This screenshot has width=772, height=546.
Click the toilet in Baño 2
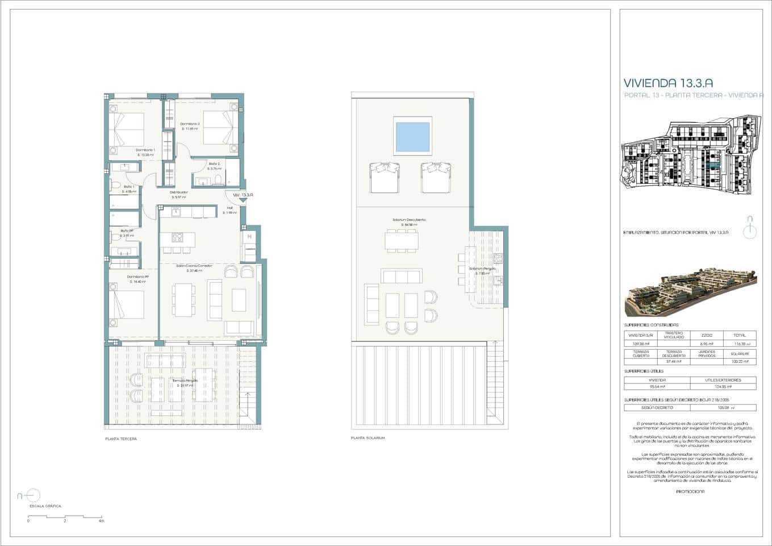[218, 180]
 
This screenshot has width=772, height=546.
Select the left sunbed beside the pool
[384, 177]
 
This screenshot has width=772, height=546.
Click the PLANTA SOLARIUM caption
[368, 438]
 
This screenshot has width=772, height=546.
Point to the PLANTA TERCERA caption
[121, 439]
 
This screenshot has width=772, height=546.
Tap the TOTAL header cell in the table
[740, 336]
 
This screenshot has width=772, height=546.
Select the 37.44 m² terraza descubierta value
[674, 361]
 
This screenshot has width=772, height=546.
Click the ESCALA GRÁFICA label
[45, 506]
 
